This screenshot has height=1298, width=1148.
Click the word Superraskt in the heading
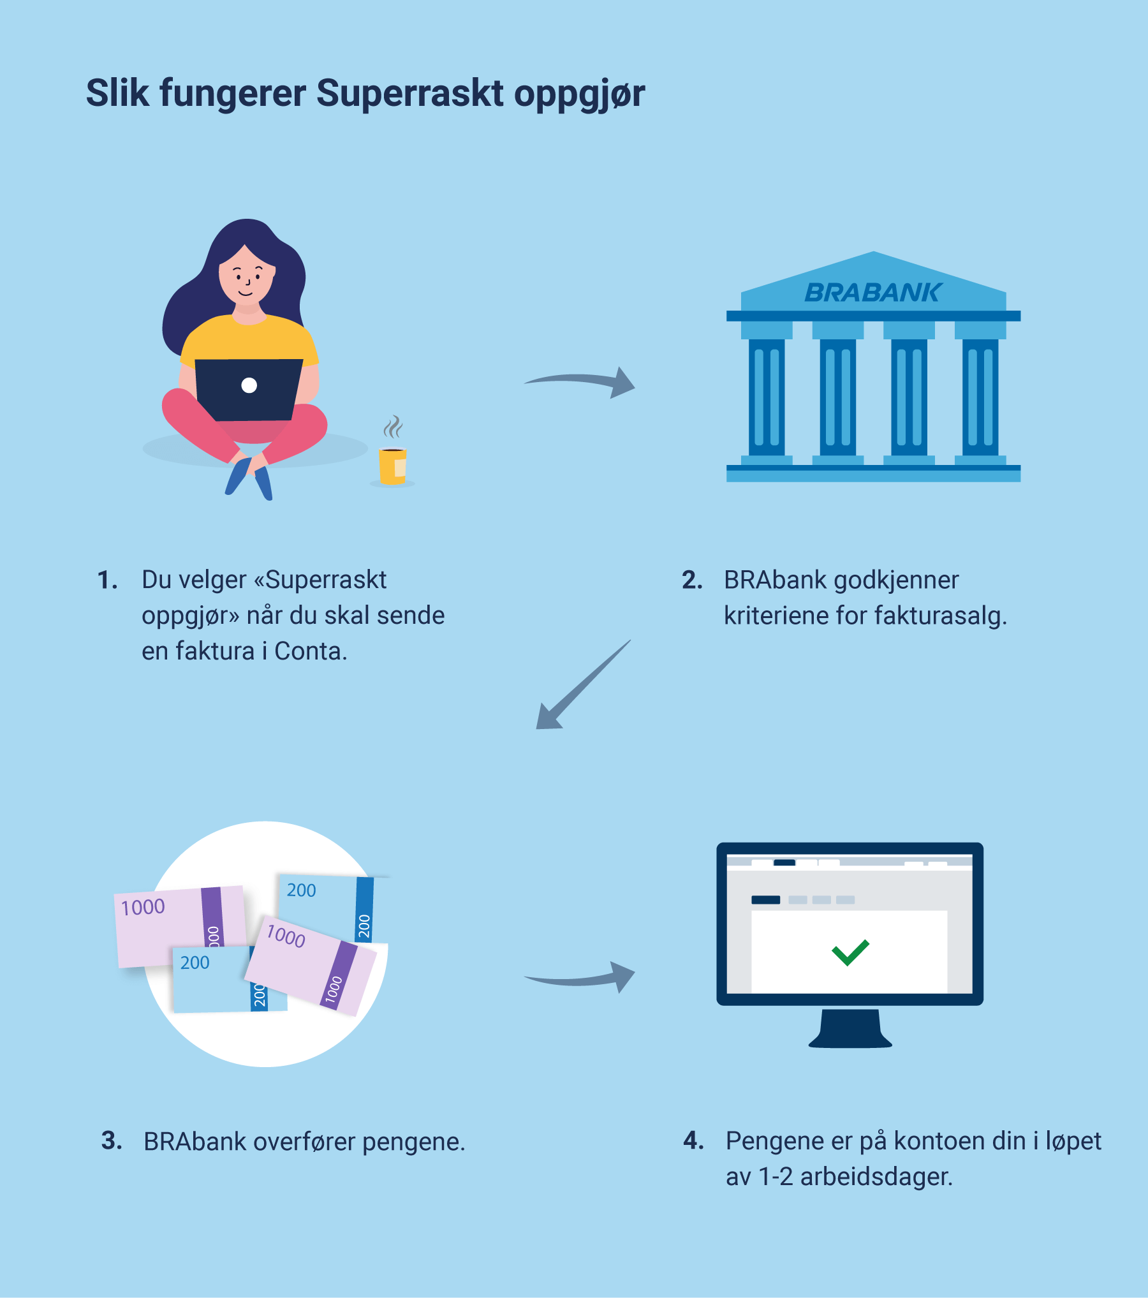tap(410, 93)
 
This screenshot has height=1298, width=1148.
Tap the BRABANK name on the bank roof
tap(873, 293)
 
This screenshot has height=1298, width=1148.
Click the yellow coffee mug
tap(392, 466)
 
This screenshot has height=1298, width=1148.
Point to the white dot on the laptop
tap(249, 385)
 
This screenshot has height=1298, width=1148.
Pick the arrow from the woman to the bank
tap(579, 381)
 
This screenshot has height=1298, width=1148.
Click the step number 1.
tap(107, 580)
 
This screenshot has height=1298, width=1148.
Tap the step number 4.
tap(693, 1140)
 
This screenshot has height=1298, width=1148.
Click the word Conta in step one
tap(311, 651)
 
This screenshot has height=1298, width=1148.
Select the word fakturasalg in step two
tap(940, 616)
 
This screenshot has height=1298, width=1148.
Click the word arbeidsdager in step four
tap(876, 1177)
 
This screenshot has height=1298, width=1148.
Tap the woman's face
tap(246, 278)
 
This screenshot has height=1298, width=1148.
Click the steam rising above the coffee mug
tap(393, 427)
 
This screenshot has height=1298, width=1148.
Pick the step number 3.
tap(112, 1141)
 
